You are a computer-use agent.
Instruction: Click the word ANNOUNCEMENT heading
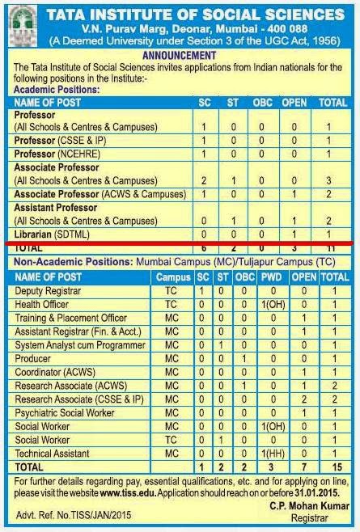coord(180,55)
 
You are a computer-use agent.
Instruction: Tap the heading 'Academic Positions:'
coord(56,90)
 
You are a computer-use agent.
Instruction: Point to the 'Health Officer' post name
coord(43,303)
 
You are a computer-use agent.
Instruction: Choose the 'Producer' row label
coord(35,358)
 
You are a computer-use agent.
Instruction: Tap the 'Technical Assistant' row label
coord(53,454)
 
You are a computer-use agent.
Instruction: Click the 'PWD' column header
coord(269,277)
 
